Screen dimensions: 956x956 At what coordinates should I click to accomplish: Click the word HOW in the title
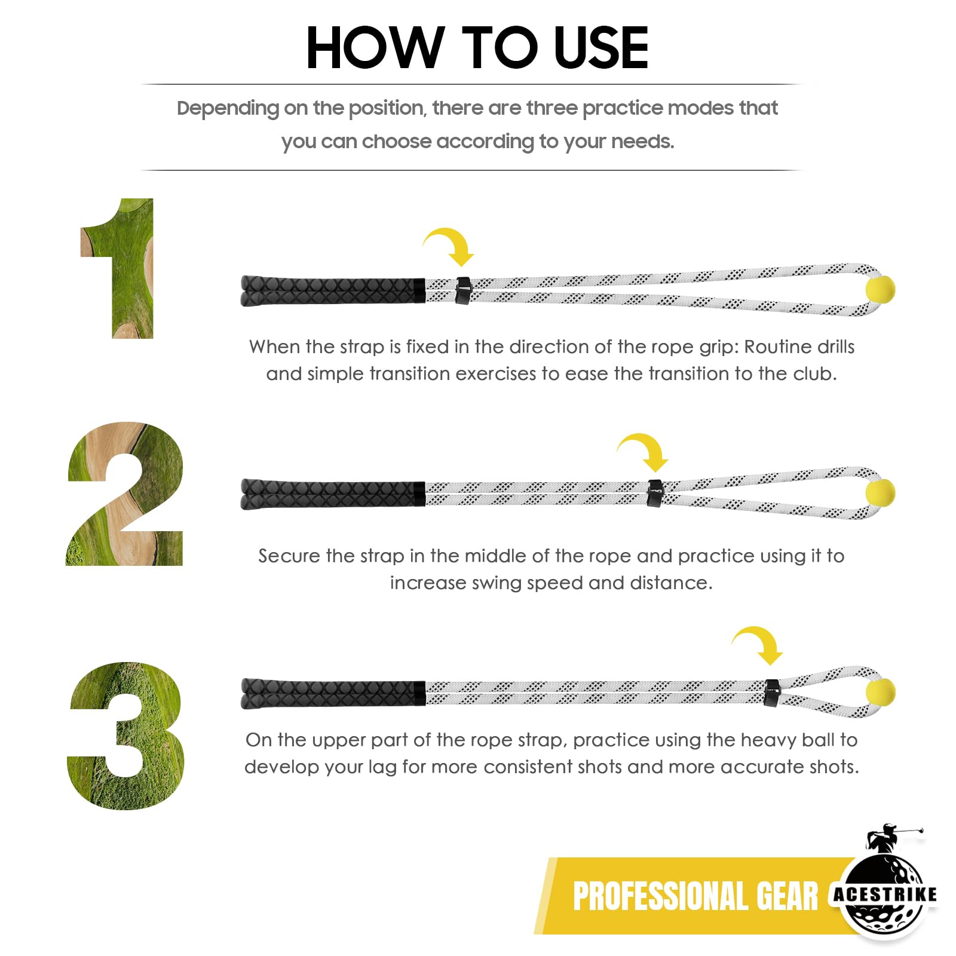pyautogui.click(x=375, y=48)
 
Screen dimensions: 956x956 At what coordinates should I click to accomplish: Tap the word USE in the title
pyautogui.click(x=601, y=48)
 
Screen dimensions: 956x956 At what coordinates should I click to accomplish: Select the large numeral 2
pyautogui.click(x=125, y=494)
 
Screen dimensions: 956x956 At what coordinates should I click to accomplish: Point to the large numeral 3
pyautogui.click(x=126, y=736)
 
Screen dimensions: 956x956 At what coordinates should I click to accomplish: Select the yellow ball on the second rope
pyautogui.click(x=880, y=494)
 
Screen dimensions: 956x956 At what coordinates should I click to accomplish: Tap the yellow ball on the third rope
pyautogui.click(x=880, y=693)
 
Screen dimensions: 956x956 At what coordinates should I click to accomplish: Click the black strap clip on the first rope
pyautogui.click(x=463, y=290)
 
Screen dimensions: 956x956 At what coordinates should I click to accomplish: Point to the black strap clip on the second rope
pyautogui.click(x=655, y=494)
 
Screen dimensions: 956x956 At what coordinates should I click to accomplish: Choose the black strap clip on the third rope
pyautogui.click(x=772, y=693)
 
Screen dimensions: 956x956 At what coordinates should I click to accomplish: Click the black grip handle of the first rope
pyautogui.click(x=333, y=291)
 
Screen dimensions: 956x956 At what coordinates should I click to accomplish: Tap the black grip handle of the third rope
pyautogui.click(x=333, y=694)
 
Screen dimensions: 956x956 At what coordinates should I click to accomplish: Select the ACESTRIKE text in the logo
pyautogui.click(x=885, y=894)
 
